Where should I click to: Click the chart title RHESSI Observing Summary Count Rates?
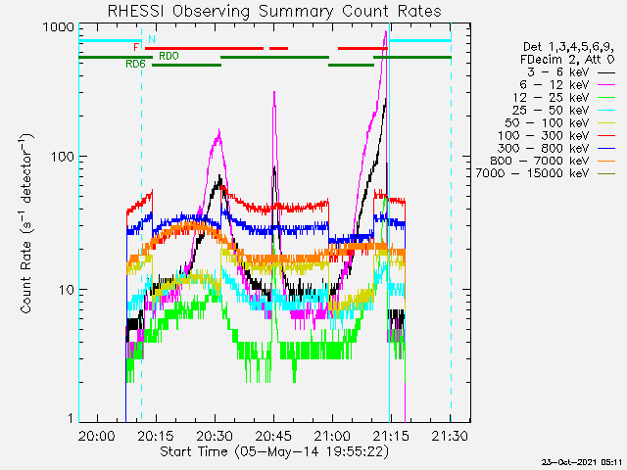click(x=274, y=11)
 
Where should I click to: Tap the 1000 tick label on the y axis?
click(x=59, y=27)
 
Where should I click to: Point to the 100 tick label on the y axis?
click(x=63, y=157)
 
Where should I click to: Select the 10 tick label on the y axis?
click(x=67, y=290)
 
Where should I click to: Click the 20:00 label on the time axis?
click(x=96, y=435)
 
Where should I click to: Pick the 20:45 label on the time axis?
click(x=273, y=435)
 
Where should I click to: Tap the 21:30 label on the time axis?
click(x=450, y=435)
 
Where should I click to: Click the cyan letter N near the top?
click(x=152, y=39)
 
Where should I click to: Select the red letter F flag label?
click(x=136, y=48)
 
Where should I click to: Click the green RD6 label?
click(x=135, y=64)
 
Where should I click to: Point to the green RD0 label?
click(x=169, y=56)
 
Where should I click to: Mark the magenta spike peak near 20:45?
click(x=274, y=92)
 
